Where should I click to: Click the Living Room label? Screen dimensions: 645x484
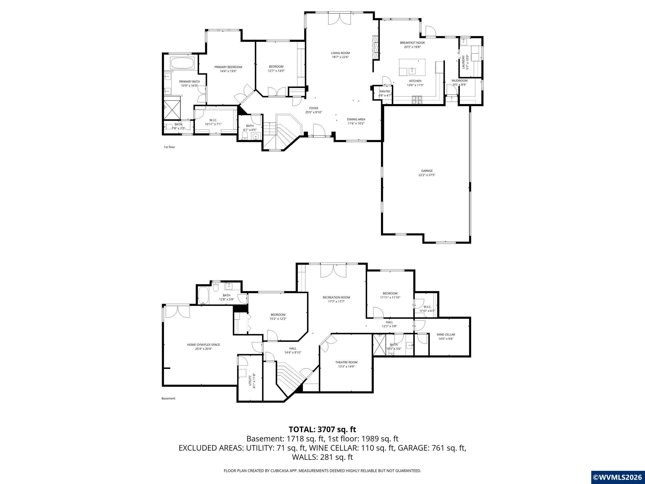[340, 53]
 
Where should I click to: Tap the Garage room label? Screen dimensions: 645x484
[427, 171]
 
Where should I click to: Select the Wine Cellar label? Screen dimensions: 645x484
[446, 334]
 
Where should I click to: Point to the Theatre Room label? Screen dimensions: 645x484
[346, 362]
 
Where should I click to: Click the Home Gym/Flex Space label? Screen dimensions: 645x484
[203, 344]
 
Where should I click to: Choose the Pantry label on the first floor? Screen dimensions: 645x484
[385, 91]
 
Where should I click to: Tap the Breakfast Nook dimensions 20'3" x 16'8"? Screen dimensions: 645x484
[412, 47]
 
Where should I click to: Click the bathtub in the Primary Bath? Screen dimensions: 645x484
[184, 63]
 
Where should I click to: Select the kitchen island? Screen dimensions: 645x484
[412, 67]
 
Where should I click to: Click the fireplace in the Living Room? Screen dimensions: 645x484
[375, 48]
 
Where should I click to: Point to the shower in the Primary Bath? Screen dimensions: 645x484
[172, 109]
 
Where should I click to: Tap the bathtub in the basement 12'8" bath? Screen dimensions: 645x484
[203, 295]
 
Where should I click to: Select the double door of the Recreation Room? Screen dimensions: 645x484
[334, 271]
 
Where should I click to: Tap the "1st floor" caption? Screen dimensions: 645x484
[169, 147]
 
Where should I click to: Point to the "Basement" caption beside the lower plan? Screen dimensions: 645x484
[168, 398]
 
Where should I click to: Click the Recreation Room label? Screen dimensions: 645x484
[336, 297]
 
